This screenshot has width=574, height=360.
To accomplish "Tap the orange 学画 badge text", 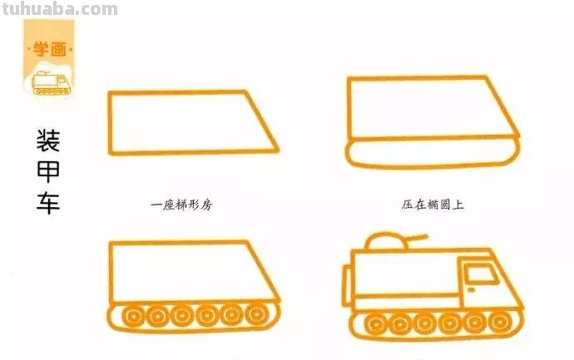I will pyautogui.click(x=48, y=49).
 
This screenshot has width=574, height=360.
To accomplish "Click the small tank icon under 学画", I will pyautogui.click(x=48, y=81).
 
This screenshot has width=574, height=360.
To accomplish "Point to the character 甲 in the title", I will pyautogui.click(x=47, y=171).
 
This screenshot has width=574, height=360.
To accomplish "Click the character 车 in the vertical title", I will pyautogui.click(x=47, y=202).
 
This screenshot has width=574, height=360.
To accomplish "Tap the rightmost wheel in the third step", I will pyautogui.click(x=258, y=317).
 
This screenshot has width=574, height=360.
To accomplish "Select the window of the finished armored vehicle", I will pyautogui.click(x=478, y=274).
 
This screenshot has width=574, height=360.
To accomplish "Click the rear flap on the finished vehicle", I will pyautogui.click(x=347, y=285).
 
